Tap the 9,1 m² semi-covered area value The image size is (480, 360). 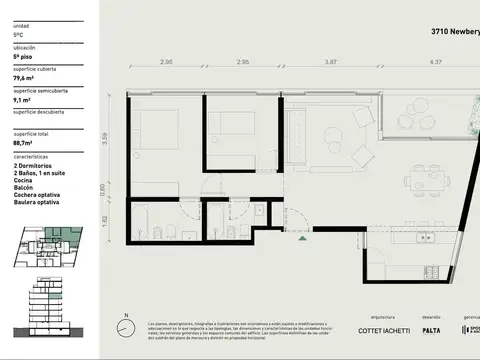[x=21, y=99]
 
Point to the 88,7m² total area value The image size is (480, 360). [x=25, y=145]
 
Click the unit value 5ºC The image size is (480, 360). [x=19, y=34]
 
